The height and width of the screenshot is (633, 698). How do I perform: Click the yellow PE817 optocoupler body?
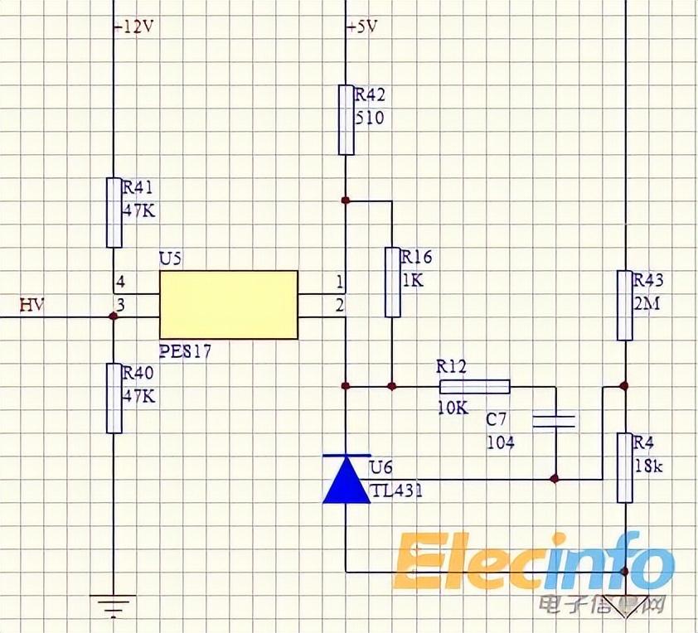click(x=228, y=304)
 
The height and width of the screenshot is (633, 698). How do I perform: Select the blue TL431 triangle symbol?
click(x=346, y=480)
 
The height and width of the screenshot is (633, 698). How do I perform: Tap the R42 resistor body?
click(x=346, y=119)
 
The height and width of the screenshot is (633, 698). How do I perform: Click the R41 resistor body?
click(x=114, y=212)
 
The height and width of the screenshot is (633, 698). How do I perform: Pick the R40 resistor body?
click(x=114, y=398)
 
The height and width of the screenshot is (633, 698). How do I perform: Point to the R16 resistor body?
click(x=393, y=282)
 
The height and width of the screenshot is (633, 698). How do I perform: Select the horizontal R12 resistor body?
click(x=474, y=386)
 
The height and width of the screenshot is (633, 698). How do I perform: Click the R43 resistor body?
click(x=625, y=305)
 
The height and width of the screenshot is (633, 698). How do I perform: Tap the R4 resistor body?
click(x=625, y=467)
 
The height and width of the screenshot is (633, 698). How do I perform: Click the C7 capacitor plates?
click(x=554, y=421)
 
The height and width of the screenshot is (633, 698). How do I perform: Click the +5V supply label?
click(x=362, y=27)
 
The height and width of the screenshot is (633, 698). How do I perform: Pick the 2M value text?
click(x=647, y=303)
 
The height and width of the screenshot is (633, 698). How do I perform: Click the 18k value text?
click(x=648, y=466)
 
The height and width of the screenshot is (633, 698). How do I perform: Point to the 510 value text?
click(x=370, y=118)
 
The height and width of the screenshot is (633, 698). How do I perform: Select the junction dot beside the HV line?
click(x=114, y=316)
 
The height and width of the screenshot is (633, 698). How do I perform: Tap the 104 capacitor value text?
click(x=500, y=442)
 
